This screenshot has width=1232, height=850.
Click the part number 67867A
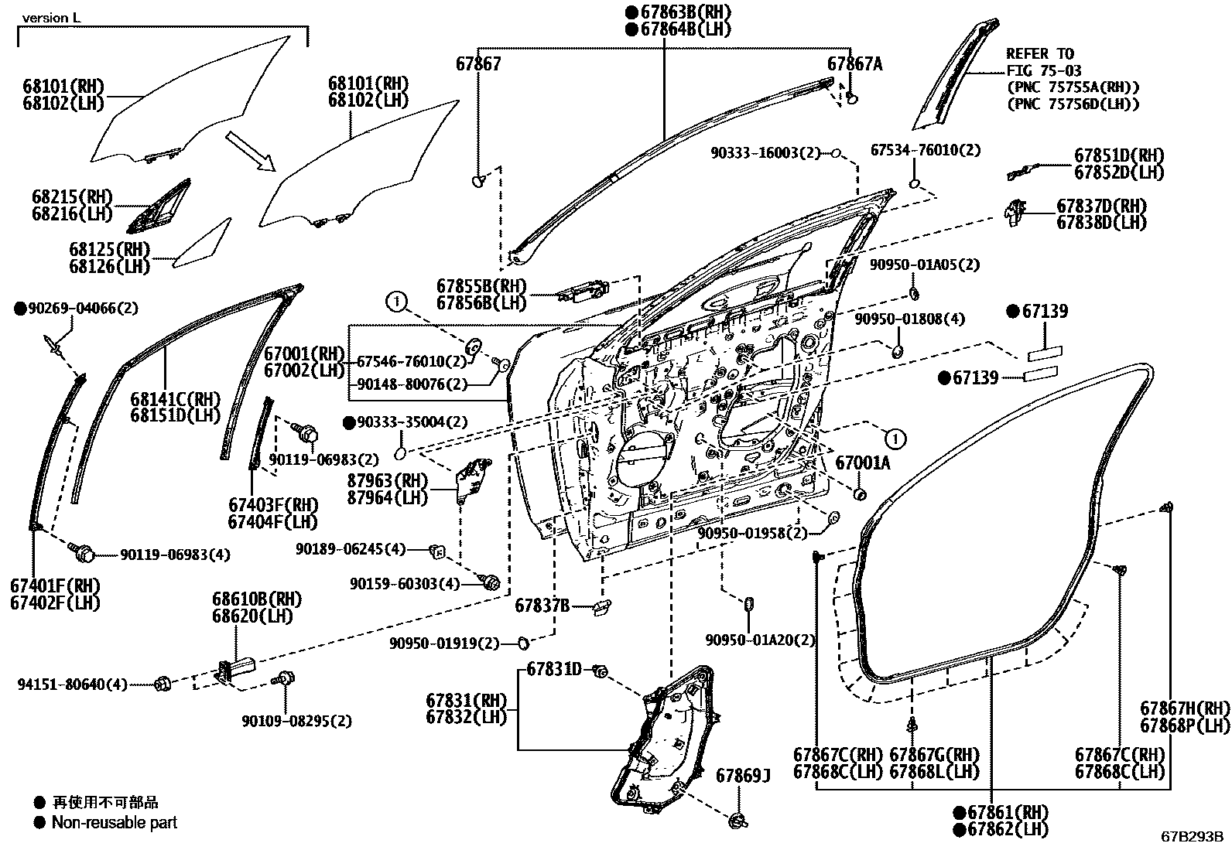point(854,64)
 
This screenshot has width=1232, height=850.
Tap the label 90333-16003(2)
point(765,153)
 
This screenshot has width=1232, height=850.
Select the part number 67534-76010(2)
point(926,150)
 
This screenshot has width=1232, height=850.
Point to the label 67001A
point(863,463)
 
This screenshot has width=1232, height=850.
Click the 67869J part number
point(743,776)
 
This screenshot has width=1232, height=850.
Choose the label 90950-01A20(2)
point(760,640)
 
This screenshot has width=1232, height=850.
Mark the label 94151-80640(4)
point(72,684)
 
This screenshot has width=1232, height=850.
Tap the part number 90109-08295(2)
point(296,721)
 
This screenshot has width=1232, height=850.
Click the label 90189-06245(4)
point(351,548)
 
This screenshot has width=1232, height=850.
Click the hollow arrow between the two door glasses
point(250,151)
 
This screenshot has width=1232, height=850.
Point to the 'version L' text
point(51,18)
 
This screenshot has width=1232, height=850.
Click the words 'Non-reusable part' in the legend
point(115,822)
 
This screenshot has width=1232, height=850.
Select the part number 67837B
point(542,606)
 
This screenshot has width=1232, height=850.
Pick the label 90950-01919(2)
point(444,643)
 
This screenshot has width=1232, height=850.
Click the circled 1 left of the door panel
point(396,302)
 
